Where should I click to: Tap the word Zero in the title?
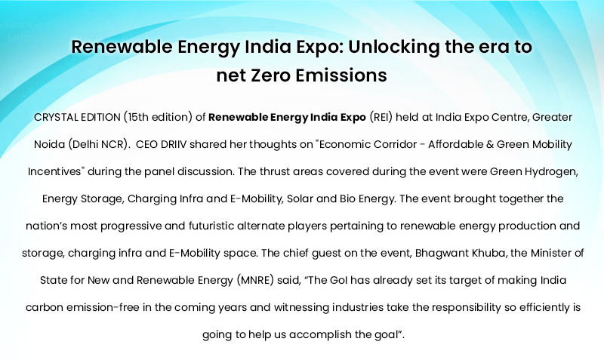tap(269, 75)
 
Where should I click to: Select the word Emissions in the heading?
tap(339, 75)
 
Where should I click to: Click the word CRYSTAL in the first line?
tap(55, 117)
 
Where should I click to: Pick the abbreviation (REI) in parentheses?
tap(381, 117)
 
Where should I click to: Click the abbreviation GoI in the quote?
tap(339, 280)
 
